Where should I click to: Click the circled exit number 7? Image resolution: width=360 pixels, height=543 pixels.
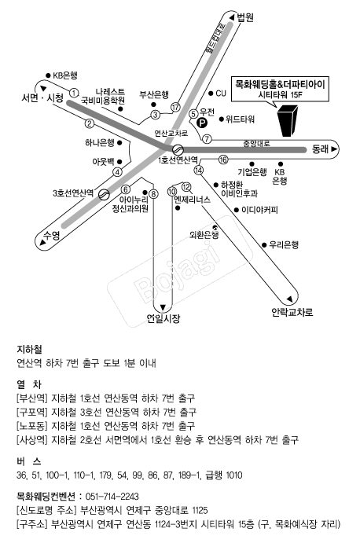coord(207,139)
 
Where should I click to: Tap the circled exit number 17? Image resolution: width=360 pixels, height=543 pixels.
coord(175,108)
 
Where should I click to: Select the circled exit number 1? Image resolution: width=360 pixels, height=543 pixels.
coord(74,93)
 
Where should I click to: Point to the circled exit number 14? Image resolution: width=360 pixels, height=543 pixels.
coord(199,170)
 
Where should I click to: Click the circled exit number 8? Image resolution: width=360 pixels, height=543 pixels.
coord(153,194)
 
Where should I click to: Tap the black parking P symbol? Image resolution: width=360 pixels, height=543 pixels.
coord(201,123)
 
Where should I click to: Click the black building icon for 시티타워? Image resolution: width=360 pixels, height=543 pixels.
coord(288,121)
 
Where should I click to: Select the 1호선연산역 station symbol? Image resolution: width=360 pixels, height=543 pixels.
coord(178,149)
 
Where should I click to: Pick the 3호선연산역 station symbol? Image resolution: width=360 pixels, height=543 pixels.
coord(104,194)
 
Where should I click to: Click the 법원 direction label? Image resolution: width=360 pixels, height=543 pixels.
coord(245,17)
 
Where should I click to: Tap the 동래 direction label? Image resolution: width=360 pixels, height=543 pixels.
coord(320,149)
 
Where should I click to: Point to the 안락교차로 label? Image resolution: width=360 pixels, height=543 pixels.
coord(292,313)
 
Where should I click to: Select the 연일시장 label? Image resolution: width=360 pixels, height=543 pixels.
coord(163,318)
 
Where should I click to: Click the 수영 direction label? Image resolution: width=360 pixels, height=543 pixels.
coord(52,236)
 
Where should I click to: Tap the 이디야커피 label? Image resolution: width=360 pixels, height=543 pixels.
coord(259,210)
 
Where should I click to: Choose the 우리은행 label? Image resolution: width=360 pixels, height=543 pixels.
coord(284,245)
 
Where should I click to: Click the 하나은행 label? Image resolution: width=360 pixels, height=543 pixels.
coord(100,142)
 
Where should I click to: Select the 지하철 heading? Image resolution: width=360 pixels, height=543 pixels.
coord(29,350)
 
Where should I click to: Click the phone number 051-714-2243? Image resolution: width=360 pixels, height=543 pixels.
coord(112,497)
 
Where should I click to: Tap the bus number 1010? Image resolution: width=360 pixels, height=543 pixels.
coord(234,475)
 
